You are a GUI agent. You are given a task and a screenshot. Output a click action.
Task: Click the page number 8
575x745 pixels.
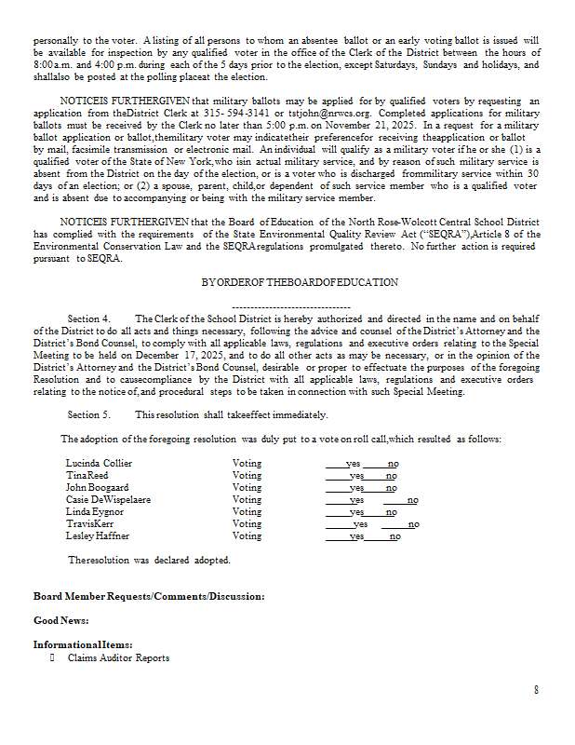536,689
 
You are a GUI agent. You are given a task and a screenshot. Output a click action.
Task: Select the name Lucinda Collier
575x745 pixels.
99,463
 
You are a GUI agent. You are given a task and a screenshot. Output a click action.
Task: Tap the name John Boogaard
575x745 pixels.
97,487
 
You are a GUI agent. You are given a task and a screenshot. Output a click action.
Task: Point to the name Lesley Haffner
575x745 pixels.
98,535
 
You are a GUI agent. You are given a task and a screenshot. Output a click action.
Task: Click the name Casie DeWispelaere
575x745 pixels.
108,499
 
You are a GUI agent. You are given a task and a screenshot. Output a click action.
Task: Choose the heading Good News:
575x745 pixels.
61,620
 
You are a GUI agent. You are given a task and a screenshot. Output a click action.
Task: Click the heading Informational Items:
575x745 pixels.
83,644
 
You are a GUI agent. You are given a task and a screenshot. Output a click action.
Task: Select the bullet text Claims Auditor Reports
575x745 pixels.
118,657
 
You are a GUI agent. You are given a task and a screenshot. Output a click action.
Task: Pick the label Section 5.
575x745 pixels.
89,413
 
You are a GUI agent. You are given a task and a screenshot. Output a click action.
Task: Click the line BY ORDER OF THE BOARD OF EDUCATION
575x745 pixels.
300,282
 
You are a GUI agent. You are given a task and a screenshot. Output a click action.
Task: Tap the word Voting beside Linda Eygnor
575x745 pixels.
247,511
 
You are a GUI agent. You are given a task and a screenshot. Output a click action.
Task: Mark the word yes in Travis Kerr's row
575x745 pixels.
361,523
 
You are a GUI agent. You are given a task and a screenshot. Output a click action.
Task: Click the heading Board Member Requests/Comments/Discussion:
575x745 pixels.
149,596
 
